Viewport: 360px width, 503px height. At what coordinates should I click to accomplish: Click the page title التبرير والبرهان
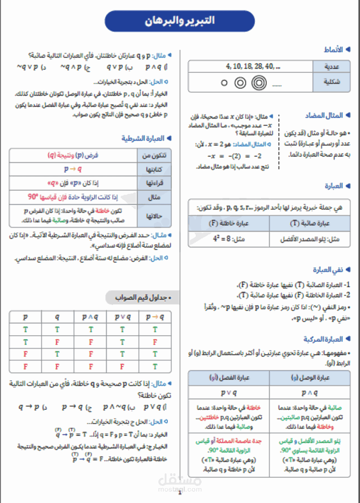pyautogui.click(x=180, y=21)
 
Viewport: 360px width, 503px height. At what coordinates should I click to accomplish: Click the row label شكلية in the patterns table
pyautogui.click(x=332, y=82)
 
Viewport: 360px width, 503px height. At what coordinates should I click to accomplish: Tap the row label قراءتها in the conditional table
pyautogui.click(x=154, y=184)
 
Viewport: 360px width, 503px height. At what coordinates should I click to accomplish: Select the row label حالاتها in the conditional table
pyautogui.click(x=154, y=216)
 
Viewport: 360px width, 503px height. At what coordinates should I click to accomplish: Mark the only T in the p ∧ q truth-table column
pyautogui.click(x=90, y=330)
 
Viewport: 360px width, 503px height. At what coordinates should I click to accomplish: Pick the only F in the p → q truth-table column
pyautogui.click(x=155, y=342)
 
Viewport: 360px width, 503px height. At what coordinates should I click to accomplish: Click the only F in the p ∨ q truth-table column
pyautogui.click(x=123, y=367)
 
